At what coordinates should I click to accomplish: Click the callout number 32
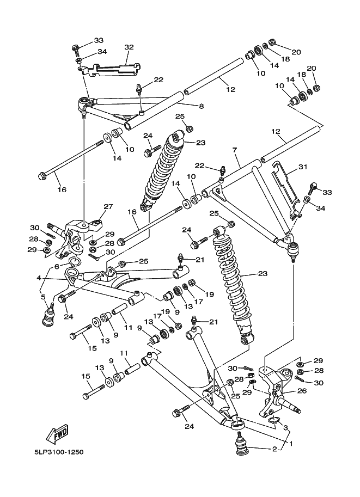coord(129,47)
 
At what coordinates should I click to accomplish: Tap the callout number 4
coord(39,278)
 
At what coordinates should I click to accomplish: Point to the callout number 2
coord(274,449)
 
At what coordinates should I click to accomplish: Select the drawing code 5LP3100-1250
coord(60,452)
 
